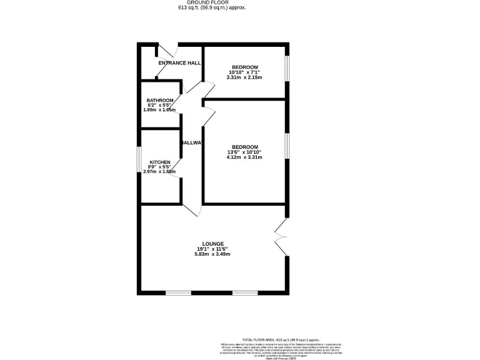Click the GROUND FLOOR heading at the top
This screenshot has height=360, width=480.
pos(212,2)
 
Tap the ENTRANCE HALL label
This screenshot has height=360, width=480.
pos(179,63)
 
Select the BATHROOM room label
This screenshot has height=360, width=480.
pos(160,100)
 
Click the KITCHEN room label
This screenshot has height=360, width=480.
pos(160,162)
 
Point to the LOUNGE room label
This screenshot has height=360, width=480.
pos(212,244)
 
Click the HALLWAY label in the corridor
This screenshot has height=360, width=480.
pos(192,143)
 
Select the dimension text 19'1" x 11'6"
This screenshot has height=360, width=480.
pos(212,249)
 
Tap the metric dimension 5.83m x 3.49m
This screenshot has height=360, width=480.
pos(212,255)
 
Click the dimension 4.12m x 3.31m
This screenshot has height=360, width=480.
pos(244,157)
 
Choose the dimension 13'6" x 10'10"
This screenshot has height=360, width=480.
pos(244,152)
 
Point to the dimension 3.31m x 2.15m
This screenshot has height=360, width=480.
pos(245,77)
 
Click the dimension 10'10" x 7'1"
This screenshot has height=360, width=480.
pos(245,72)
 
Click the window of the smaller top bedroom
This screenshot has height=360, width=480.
pos(287,69)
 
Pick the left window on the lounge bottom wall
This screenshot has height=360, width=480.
pos(178,292)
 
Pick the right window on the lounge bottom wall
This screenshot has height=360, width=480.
pos(245,292)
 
